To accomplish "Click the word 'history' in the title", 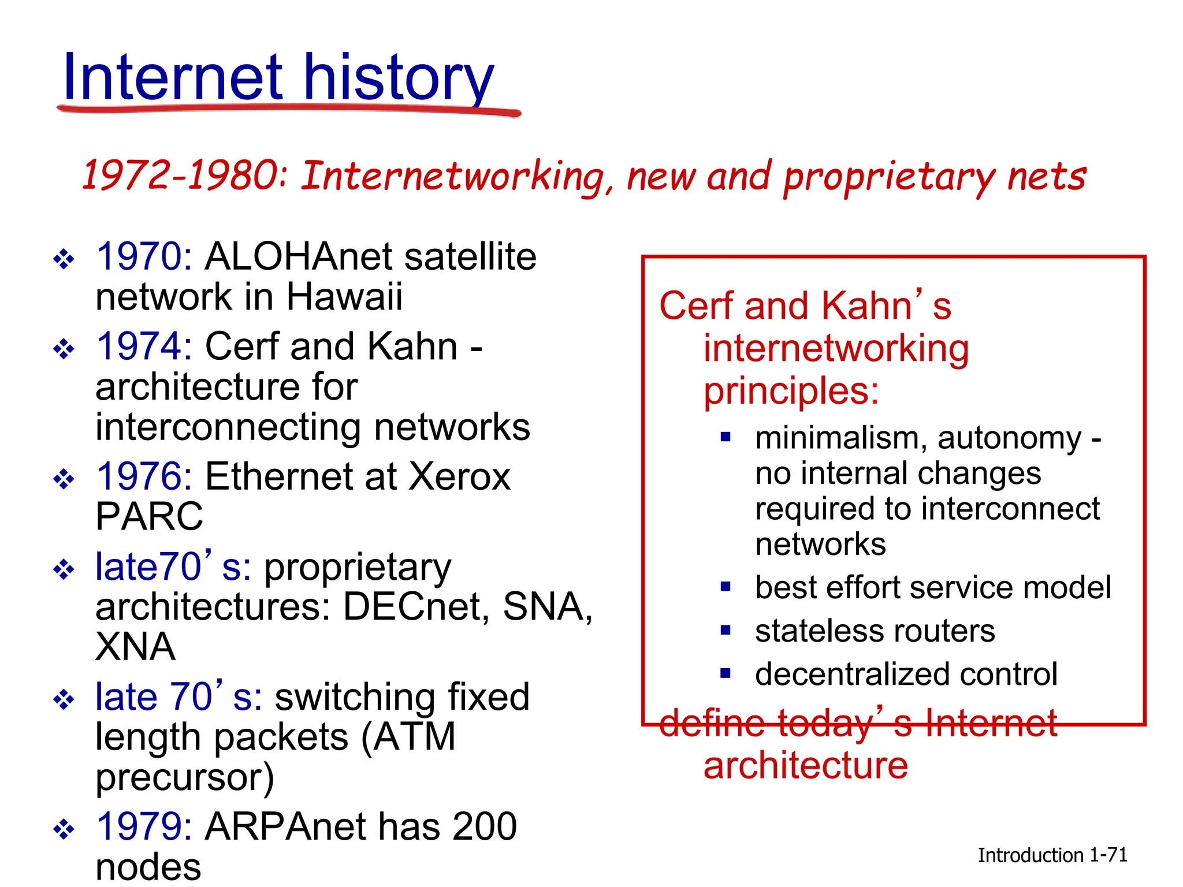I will coord(398,78).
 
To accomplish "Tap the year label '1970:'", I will coord(144,256).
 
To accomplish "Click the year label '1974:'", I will coord(144,346).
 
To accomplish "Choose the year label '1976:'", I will coord(144,476).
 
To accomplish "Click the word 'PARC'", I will coord(149,516).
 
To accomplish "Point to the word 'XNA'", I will coord(135,647).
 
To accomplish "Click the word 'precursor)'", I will coord(185,778).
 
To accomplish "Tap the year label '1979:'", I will coord(144,826).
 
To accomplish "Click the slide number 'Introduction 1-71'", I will coord(1052,855).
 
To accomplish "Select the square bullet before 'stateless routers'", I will coord(726,630).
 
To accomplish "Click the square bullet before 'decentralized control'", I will coord(726,673).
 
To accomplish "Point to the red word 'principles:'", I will coord(791,392).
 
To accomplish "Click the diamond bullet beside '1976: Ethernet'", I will coord(64,479).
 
